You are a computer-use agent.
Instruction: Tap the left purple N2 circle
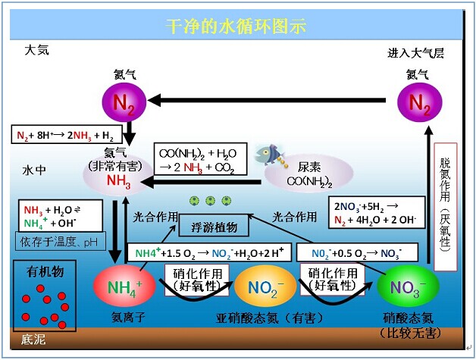[x=124, y=101]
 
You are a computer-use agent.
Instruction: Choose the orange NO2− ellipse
[x=260, y=286]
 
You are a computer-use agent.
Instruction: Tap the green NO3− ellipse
[x=406, y=287]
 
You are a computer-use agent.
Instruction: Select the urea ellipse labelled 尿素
[x=302, y=175]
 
